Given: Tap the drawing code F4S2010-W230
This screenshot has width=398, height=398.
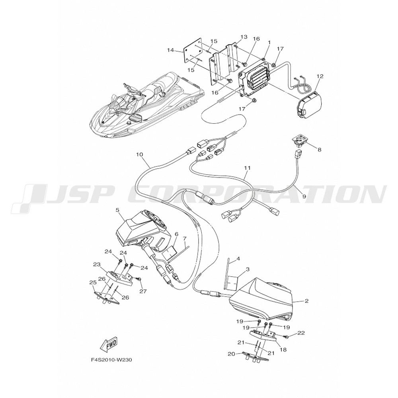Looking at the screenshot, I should pyautogui.click(x=111, y=360).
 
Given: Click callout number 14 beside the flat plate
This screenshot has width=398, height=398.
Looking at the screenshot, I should pyautogui.click(x=171, y=50).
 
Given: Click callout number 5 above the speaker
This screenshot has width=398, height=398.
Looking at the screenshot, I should pyautogui.click(x=117, y=209).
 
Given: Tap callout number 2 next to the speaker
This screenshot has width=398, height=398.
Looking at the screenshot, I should pyautogui.click(x=306, y=301).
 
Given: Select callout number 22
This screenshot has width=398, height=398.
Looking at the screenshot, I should pyautogui.click(x=301, y=333).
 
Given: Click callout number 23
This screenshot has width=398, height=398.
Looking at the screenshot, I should pyautogui.click(x=96, y=264).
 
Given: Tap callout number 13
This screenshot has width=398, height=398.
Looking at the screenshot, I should pyautogui.click(x=244, y=37).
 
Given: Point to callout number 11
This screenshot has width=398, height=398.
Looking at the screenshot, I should pyautogui.click(x=247, y=168).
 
